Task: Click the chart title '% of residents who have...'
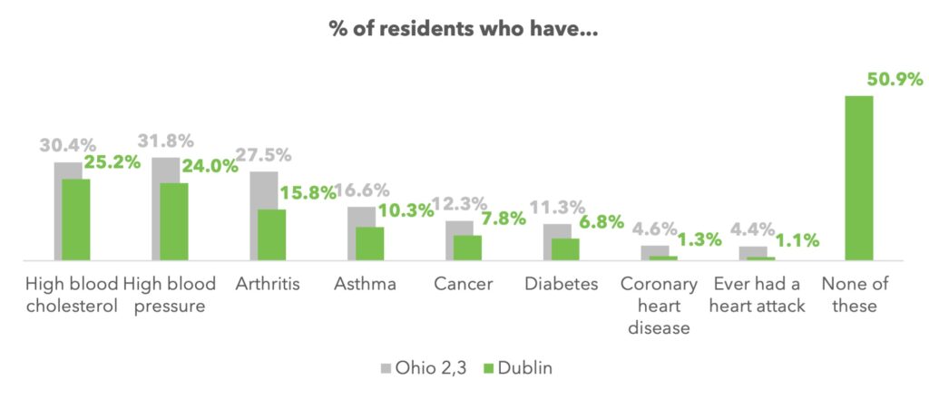coord(464,28)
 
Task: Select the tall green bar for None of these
coord(859,178)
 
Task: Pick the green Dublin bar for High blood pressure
coord(173,221)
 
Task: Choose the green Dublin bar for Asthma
coord(369,243)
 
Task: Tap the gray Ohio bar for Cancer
coord(452,228)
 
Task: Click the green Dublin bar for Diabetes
coord(565,248)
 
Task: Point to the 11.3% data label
coord(556,208)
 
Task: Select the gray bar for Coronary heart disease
coord(648,250)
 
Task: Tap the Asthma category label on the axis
coord(365,284)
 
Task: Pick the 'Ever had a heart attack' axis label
coord(757,295)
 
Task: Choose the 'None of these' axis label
coord(855,295)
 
